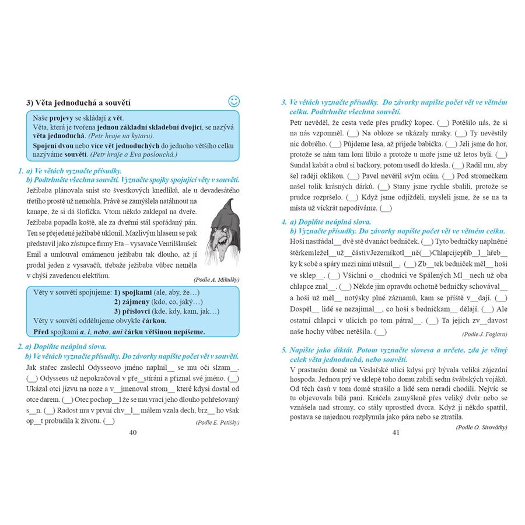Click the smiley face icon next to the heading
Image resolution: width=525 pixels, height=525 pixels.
pos(233,101)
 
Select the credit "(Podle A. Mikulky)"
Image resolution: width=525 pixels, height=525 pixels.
pos(217,279)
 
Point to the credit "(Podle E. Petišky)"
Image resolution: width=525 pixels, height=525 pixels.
pos(218,422)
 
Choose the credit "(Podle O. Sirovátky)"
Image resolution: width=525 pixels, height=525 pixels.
pos(481,427)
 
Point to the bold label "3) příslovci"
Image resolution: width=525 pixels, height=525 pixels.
pos(136,311)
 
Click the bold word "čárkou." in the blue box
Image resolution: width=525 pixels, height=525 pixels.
pos(152,321)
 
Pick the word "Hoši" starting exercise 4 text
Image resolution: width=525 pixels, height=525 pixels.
pos(298,241)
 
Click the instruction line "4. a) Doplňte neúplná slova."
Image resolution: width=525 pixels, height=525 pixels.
pos(327,222)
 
